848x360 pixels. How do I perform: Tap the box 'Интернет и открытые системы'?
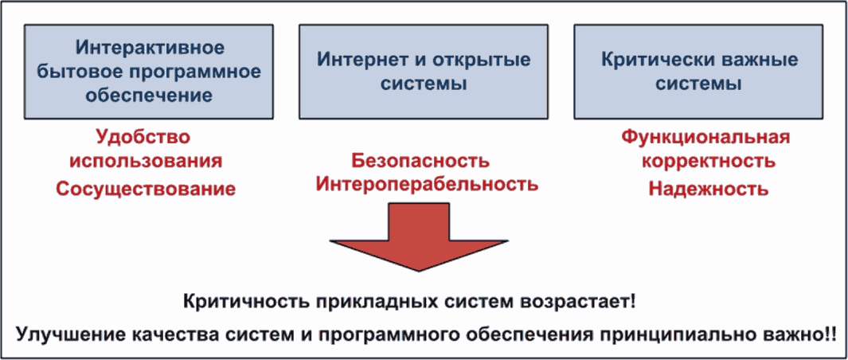pos(423,72)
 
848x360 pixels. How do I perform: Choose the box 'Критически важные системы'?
pos(698,72)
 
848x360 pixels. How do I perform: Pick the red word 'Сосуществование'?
pos(145,189)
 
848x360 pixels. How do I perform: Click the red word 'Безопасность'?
pos(420,161)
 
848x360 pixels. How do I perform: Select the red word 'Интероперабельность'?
pos(427,185)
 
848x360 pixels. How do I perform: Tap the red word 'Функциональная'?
pos(705,137)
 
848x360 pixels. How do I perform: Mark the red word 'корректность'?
pos(706,162)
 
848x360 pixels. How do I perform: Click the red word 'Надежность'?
pos(707,189)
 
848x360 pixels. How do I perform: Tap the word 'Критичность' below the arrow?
pos(238,303)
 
